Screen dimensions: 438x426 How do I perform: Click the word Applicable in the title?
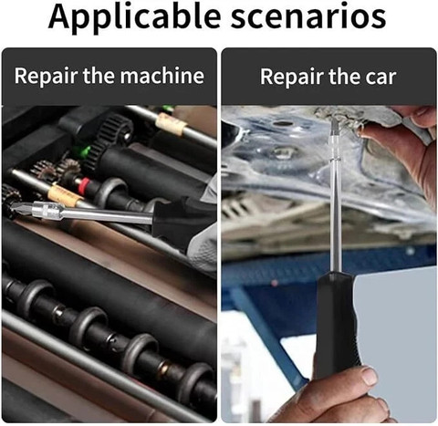pyautogui.click(x=134, y=17)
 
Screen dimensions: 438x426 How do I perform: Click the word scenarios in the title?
pyautogui.click(x=308, y=16)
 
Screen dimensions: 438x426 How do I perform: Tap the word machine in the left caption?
pyautogui.click(x=162, y=76)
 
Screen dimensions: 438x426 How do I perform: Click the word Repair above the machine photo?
pyautogui.click(x=46, y=77)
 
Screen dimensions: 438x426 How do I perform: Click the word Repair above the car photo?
pyautogui.click(x=291, y=77)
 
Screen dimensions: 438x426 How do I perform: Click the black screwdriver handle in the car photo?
pyautogui.click(x=338, y=322)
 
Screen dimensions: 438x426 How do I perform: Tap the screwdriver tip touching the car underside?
pyautogui.click(x=334, y=125)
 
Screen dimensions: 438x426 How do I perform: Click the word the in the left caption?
pyautogui.click(x=99, y=76)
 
